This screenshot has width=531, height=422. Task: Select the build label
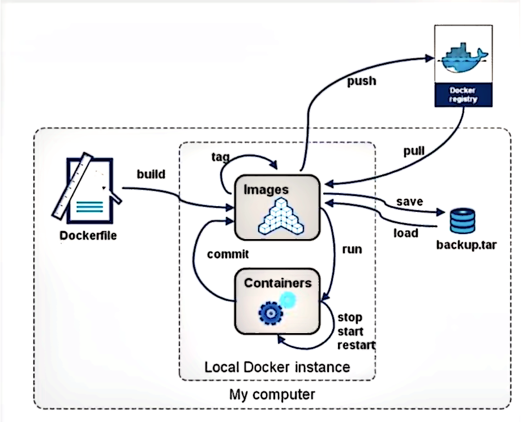point(151,174)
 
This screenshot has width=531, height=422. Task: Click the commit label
point(228,254)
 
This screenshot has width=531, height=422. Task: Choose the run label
point(352,249)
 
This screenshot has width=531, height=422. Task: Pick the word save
point(409,202)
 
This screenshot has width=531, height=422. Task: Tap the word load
point(405,232)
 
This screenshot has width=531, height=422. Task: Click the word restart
point(356,345)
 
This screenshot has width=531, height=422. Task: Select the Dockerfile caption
point(88,235)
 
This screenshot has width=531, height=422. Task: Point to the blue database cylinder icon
point(463,221)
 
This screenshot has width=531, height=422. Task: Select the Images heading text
point(266,190)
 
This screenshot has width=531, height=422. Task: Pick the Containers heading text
point(277,282)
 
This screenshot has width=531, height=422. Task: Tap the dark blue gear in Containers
point(270,312)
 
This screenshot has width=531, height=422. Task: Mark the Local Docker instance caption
point(277,366)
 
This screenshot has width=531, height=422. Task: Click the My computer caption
point(272,394)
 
